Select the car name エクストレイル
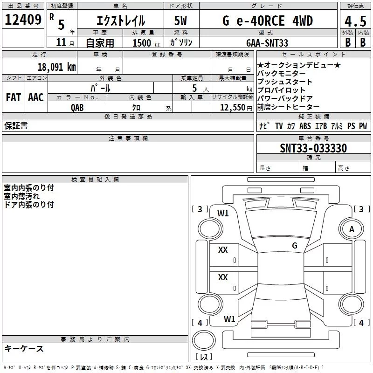(x=120, y=21)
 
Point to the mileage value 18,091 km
(x=56, y=67)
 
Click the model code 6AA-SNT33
(x=267, y=43)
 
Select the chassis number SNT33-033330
(x=313, y=148)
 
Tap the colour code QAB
(x=77, y=107)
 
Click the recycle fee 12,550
(x=232, y=107)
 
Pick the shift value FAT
(x=13, y=97)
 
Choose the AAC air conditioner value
(x=35, y=97)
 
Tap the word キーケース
(x=24, y=348)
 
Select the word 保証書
(x=16, y=126)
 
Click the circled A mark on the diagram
(x=352, y=229)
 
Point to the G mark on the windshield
(x=294, y=246)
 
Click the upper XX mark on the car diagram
(x=223, y=250)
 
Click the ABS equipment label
(x=305, y=126)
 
